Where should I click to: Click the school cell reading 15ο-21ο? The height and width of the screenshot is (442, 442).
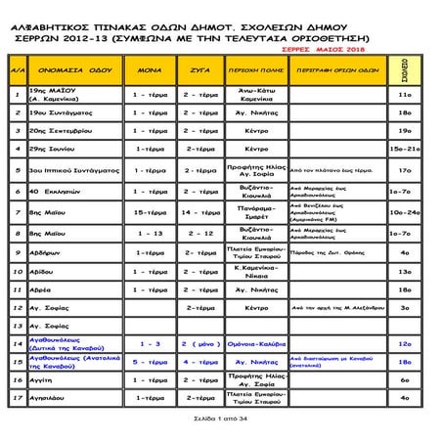point(404,148)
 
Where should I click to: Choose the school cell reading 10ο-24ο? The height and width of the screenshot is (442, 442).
point(404,211)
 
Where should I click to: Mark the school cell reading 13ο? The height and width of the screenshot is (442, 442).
point(404,271)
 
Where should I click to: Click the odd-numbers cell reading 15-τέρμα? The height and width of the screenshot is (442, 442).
point(150,211)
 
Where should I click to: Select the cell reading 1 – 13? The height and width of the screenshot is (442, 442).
point(150,233)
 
